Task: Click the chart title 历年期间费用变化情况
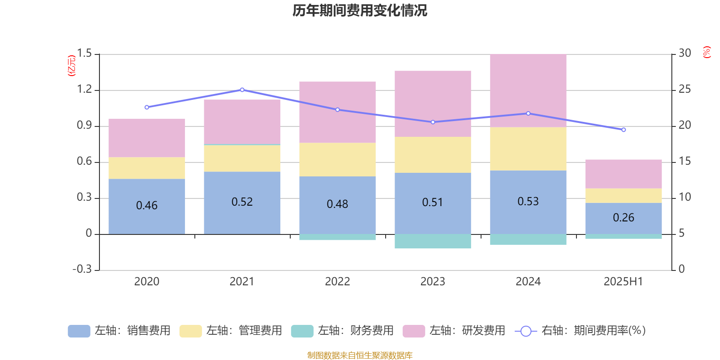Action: pyautogui.click(x=360, y=10)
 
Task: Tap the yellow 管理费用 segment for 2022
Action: pyautogui.click(x=337, y=159)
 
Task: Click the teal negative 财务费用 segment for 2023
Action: pyautogui.click(x=432, y=241)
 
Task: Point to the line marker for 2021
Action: pyautogui.click(x=242, y=90)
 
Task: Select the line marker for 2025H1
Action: pyautogui.click(x=623, y=130)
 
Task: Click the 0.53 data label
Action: pyautogui.click(x=528, y=201)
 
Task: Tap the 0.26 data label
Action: pyautogui.click(x=623, y=218)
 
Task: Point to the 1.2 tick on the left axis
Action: pyautogui.click(x=84, y=90)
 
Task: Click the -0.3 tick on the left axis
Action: pyautogui.click(x=82, y=269)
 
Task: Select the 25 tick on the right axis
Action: pyautogui.click(x=684, y=90)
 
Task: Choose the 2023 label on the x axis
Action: pyautogui.click(x=432, y=282)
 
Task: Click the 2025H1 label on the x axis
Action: pyautogui.click(x=623, y=282)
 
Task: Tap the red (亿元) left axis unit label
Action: pyautogui.click(x=72, y=66)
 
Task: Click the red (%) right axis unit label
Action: pyautogui.click(x=706, y=52)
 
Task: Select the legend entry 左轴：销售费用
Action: pyautogui.click(x=119, y=331)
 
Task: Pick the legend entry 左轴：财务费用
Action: pyautogui.click(x=342, y=331)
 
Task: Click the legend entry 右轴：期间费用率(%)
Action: pyautogui.click(x=580, y=331)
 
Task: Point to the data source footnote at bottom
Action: pyautogui.click(x=360, y=355)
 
